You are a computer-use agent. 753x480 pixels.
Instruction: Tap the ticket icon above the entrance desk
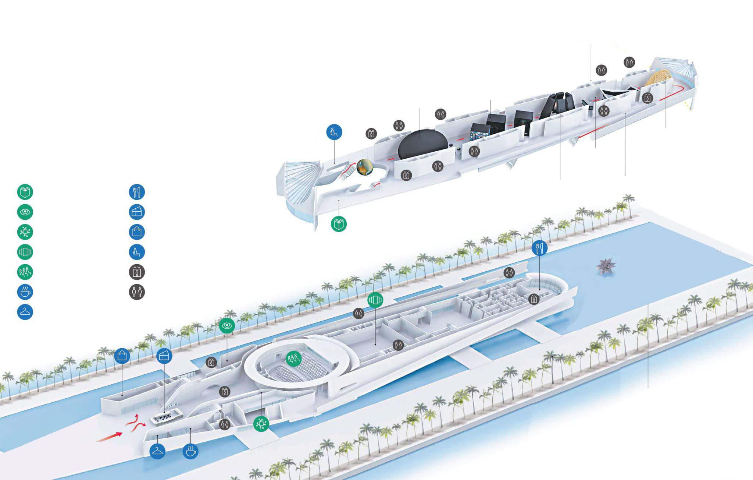(164, 356)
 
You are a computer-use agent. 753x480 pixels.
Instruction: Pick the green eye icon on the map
(227, 326)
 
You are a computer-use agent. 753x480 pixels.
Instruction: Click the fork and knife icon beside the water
(539, 248)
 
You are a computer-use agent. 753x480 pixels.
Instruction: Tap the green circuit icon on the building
(261, 424)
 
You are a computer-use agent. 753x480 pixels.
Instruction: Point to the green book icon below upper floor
(339, 224)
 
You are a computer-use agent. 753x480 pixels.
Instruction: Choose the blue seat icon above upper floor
(334, 131)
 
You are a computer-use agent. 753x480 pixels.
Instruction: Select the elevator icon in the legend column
(137, 272)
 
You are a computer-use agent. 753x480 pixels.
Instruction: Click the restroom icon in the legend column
(137, 292)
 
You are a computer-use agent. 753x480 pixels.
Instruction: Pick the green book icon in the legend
(25, 192)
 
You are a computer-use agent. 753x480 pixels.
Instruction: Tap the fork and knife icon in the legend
(137, 192)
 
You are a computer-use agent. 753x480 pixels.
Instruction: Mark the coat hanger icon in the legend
(25, 312)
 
